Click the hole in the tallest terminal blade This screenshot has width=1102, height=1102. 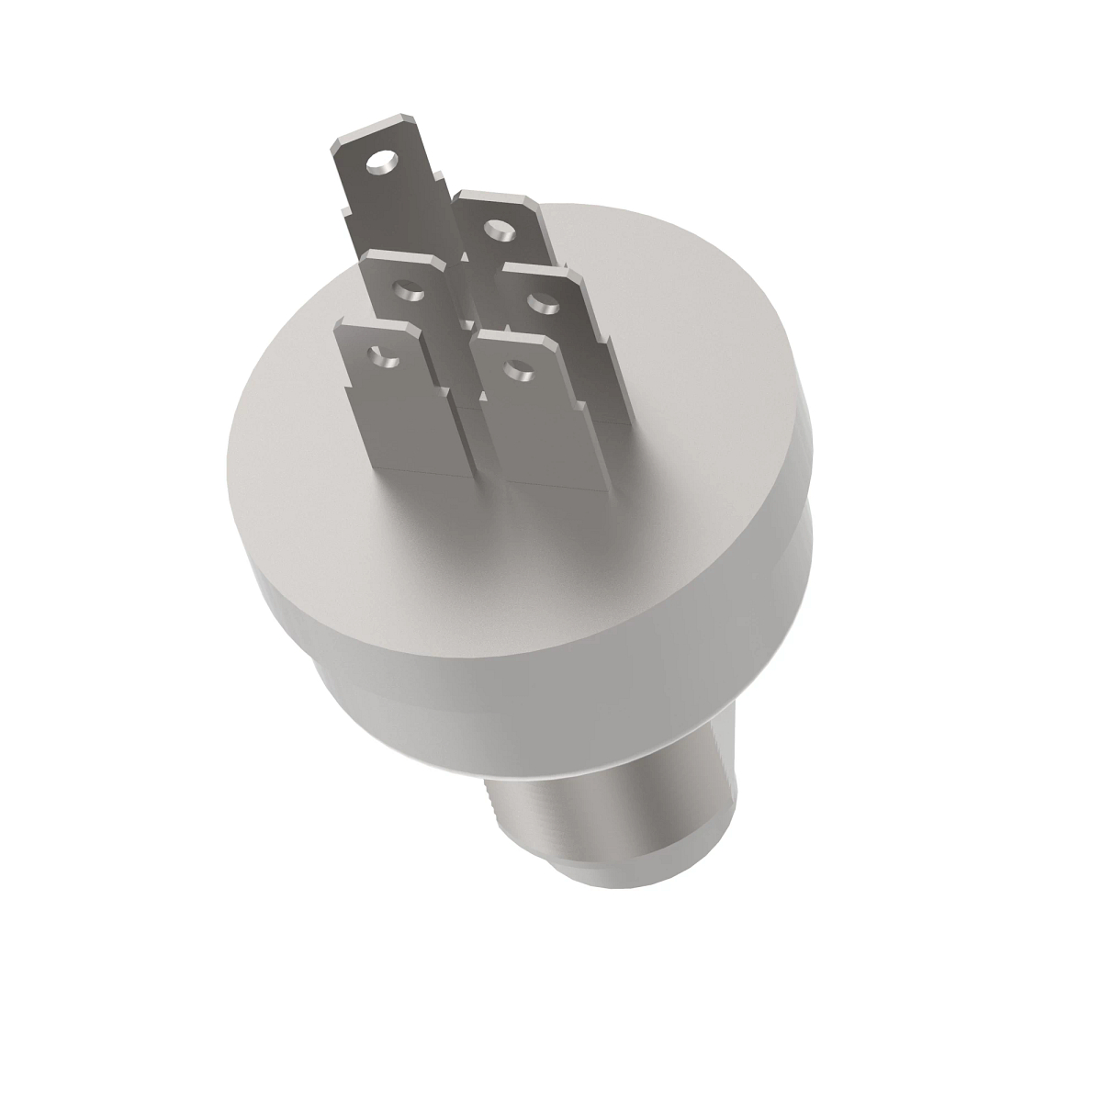(x=377, y=165)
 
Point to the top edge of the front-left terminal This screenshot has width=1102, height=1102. (x=377, y=322)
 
